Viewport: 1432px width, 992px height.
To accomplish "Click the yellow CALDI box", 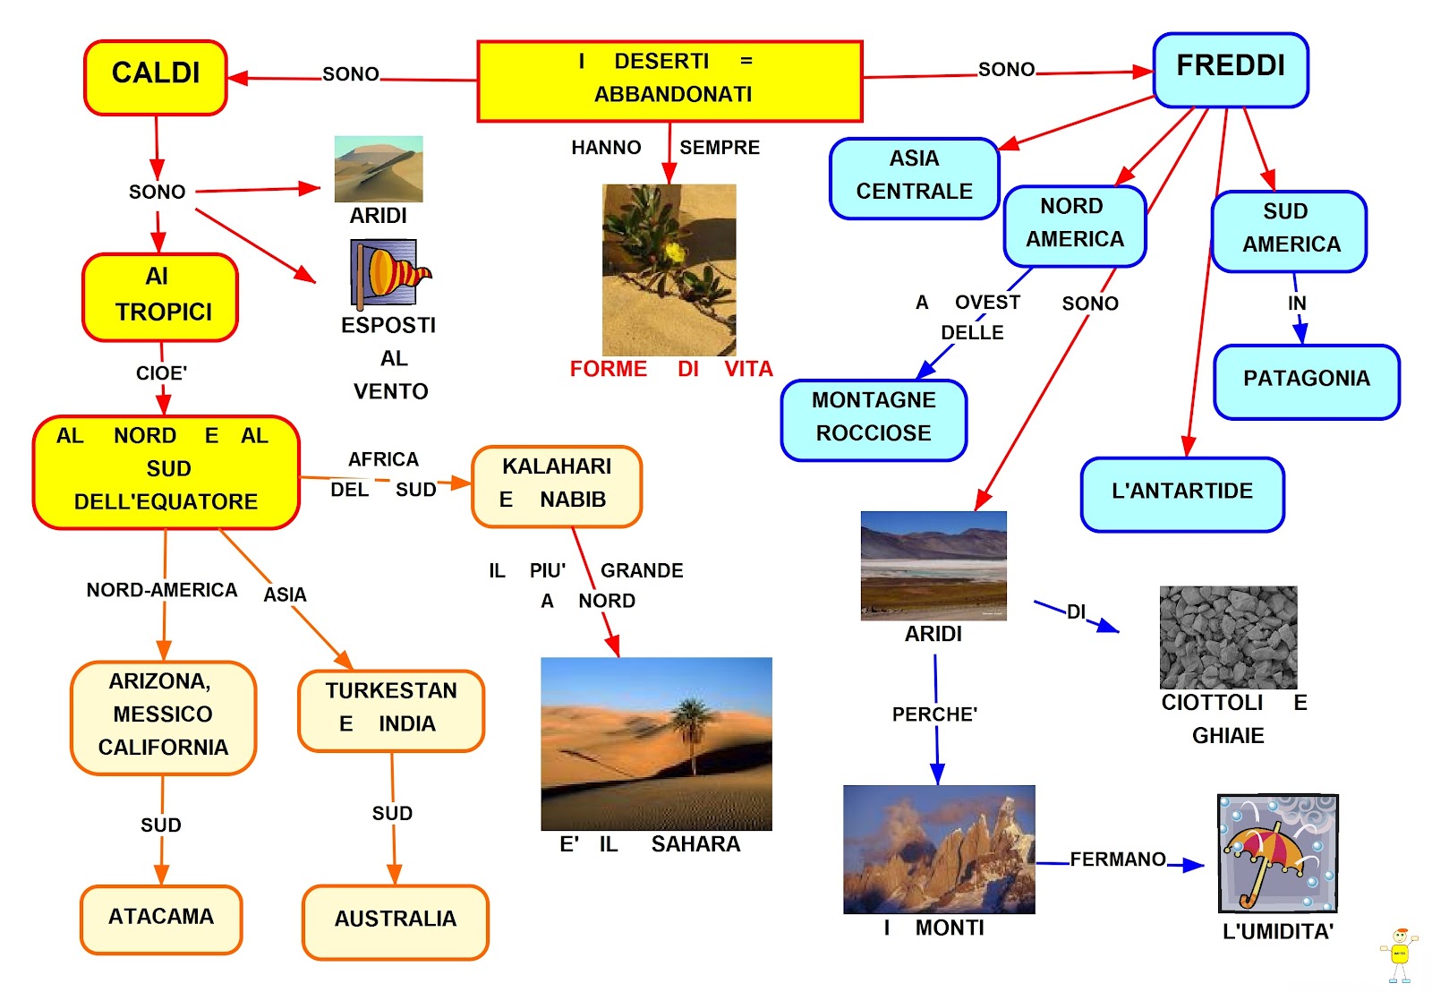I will [156, 77].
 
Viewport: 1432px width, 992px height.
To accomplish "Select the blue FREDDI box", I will [1231, 70].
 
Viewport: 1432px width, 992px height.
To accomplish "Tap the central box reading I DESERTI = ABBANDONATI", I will [669, 81].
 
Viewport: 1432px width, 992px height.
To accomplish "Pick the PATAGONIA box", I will [1307, 381].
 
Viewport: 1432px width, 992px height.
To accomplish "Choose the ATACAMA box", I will [161, 919].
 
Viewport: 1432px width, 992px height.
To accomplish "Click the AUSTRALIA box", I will [396, 921].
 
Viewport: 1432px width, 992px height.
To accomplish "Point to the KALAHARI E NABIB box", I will [557, 486].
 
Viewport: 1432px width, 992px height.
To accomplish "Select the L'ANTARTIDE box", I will [1182, 494].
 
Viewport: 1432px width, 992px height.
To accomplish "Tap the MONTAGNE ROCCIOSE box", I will [874, 420].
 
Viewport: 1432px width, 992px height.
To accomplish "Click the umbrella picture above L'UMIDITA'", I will [1277, 853].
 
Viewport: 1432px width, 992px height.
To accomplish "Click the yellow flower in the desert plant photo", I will [674, 253].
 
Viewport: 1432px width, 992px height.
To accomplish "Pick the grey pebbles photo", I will [1228, 637].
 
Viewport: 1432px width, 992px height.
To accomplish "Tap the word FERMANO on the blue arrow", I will [1118, 859].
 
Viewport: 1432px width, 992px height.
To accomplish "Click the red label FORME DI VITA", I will [671, 369].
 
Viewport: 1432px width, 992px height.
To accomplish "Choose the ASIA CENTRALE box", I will [914, 178].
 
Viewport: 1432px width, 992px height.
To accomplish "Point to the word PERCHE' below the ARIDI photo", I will [934, 714].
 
